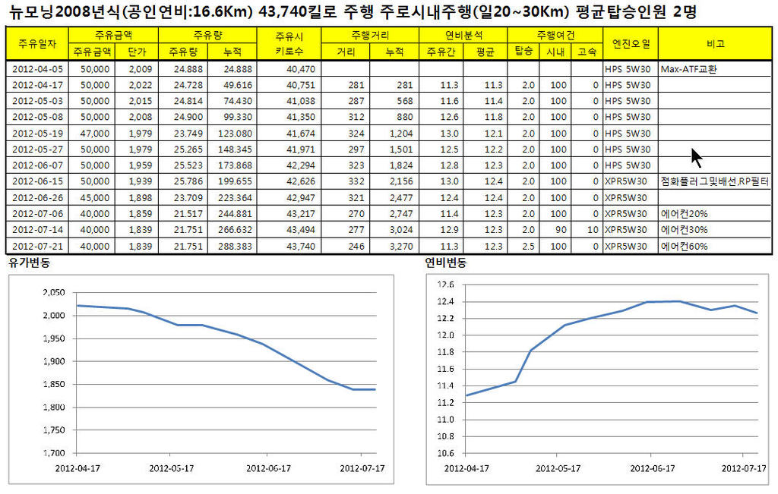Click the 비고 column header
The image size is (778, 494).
click(715, 44)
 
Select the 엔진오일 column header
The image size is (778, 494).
click(631, 44)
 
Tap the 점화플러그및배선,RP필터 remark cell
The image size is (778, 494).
click(714, 181)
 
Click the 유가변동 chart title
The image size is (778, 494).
click(30, 263)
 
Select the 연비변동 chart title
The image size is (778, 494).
click(446, 263)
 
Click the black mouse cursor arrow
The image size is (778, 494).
click(696, 157)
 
